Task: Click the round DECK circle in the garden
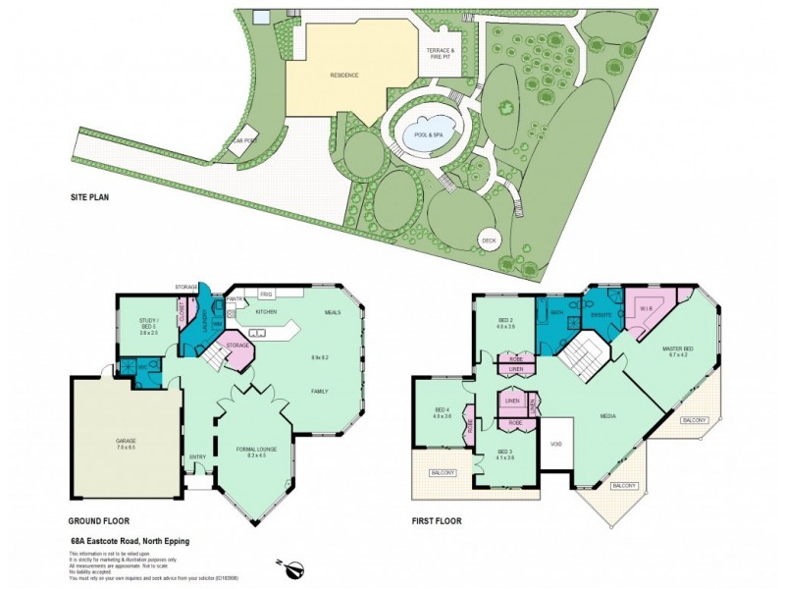pyautogui.click(x=490, y=240)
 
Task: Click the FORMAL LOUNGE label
pyautogui.click(x=252, y=452)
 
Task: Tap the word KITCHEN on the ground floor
pyautogui.click(x=267, y=311)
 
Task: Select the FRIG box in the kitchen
pyautogui.click(x=265, y=293)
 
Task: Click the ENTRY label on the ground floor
pyautogui.click(x=198, y=456)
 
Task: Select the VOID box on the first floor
pyautogui.click(x=556, y=444)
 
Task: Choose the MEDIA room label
pyautogui.click(x=609, y=415)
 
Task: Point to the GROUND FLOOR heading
pyautogui.click(x=98, y=521)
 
